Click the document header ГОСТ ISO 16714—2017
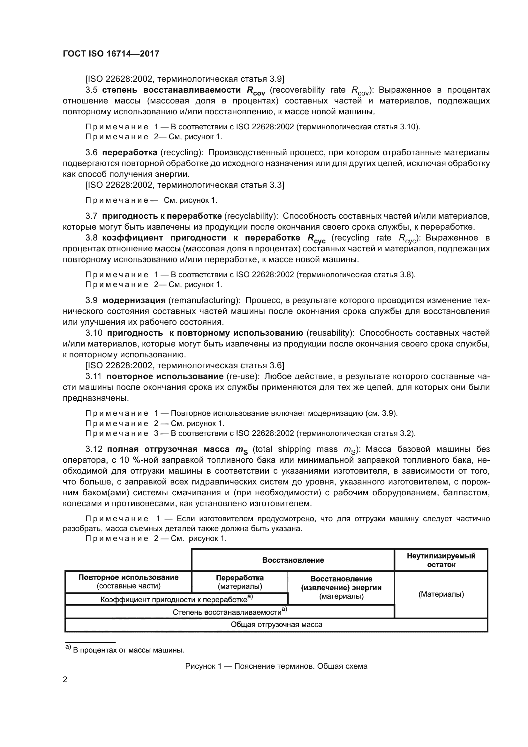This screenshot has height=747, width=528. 111,54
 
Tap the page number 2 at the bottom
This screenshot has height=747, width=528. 65,679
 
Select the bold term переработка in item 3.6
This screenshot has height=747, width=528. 129,152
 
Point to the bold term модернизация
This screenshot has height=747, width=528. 134,300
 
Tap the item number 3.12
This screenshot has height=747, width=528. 94,449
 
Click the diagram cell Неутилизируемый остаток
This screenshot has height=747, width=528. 441,560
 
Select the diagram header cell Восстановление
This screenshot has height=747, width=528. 293,560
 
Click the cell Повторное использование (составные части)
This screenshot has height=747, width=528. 128,581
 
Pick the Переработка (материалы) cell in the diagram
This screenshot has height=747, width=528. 240,582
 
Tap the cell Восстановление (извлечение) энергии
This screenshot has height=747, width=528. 341,588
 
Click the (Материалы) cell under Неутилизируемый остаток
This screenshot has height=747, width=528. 441,594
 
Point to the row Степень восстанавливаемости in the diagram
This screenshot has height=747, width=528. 230,612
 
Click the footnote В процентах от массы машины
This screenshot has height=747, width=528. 128,650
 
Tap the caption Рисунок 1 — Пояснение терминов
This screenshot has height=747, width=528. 276,666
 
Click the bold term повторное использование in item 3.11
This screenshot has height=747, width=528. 165,377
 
